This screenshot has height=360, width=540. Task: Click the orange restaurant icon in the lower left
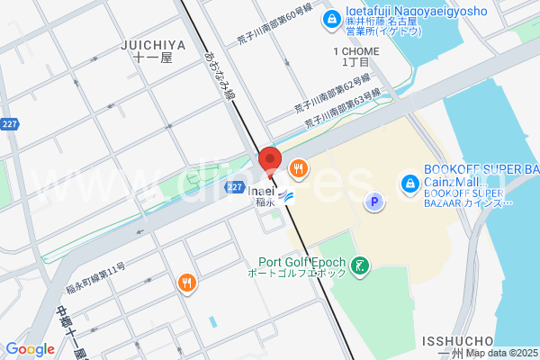click(x=187, y=283)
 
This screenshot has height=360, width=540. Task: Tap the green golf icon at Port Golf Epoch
click(x=361, y=265)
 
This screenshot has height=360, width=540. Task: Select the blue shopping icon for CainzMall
click(x=408, y=182)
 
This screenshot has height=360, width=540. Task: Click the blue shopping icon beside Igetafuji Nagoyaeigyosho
click(x=332, y=17)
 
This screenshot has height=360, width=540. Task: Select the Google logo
click(x=30, y=349)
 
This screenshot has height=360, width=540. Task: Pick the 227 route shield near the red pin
click(x=234, y=187)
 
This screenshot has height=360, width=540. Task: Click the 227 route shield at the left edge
click(x=10, y=123)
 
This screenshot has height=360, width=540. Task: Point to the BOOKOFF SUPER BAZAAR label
click(x=481, y=169)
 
